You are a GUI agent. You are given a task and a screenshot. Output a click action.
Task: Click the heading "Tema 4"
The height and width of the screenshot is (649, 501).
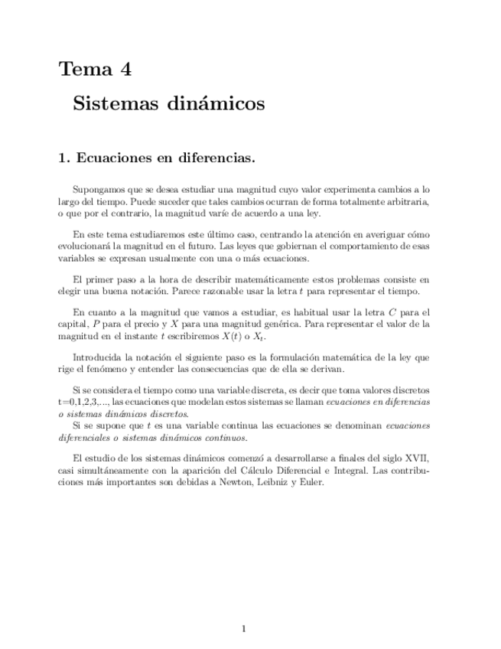pyautogui.click(x=95, y=70)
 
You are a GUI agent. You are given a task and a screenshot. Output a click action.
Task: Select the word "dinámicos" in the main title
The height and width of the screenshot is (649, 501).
pyautogui.click(x=214, y=103)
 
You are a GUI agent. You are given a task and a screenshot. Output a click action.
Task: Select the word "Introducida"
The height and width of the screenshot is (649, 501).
pyautogui.click(x=97, y=357)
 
